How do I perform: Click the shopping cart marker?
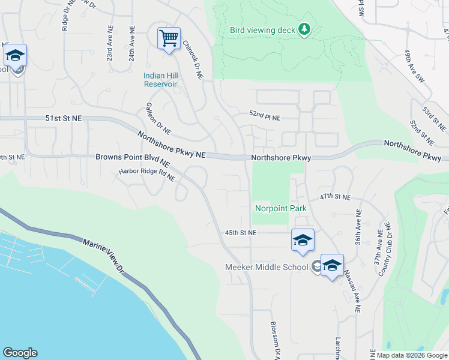169,39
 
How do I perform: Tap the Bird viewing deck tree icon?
304,29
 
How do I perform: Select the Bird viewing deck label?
263,29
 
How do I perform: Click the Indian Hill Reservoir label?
160,80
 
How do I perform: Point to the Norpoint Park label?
280,209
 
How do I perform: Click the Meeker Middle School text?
267,267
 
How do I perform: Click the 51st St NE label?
63,119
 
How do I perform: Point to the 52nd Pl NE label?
265,118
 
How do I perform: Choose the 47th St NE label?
334,197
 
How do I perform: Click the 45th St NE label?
241,232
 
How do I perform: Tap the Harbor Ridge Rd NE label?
146,174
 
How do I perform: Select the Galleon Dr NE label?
158,118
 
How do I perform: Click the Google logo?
20,353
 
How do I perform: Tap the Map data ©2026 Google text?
407,355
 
